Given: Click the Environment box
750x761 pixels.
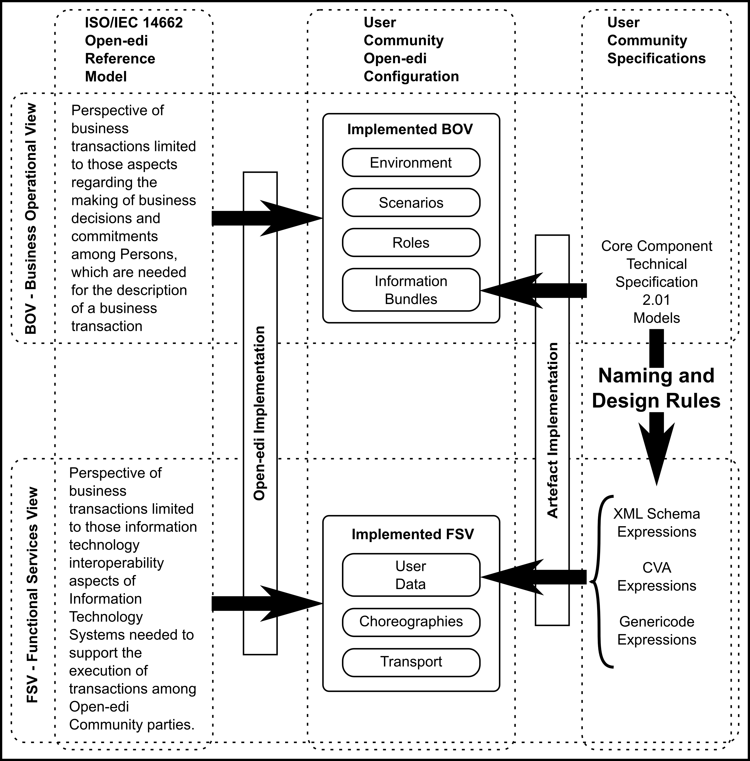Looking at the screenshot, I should (x=411, y=162).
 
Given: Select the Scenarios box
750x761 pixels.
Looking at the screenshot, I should (x=411, y=202).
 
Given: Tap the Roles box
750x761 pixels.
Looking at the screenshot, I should (x=411, y=243).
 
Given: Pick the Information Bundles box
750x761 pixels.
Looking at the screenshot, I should (x=411, y=290).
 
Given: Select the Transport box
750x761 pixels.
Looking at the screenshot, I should (x=411, y=661).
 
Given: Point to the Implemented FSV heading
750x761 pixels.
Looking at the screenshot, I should (x=412, y=534).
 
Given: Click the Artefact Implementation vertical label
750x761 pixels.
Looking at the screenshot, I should (x=552, y=430).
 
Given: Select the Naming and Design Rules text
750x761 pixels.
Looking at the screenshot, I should (x=656, y=388).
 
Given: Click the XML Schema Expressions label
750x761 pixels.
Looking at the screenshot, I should (x=656, y=523).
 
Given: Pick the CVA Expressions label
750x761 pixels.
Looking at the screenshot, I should (x=656, y=577).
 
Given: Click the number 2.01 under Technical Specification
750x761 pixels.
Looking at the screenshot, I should (x=656, y=300).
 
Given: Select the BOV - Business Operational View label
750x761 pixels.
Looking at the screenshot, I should (x=31, y=219).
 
